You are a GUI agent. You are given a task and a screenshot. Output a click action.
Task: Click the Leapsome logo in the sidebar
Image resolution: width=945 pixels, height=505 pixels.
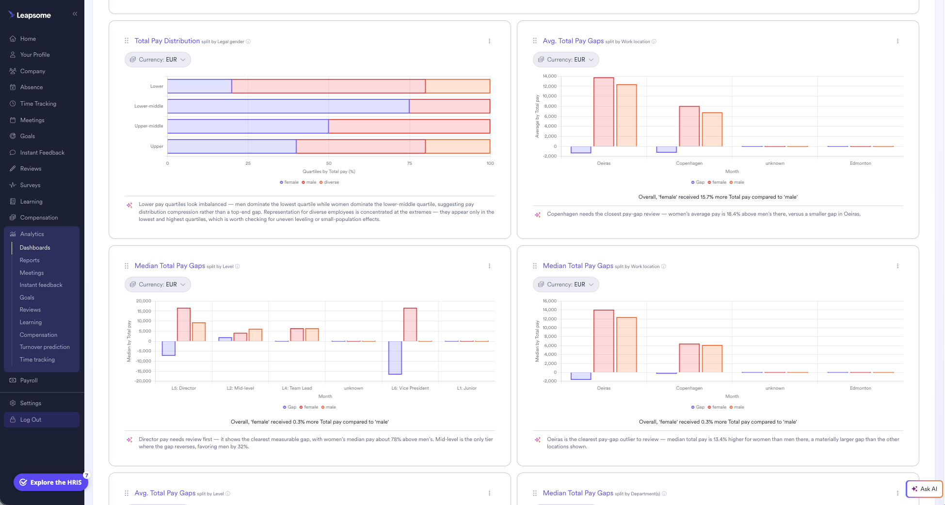[x=30, y=15]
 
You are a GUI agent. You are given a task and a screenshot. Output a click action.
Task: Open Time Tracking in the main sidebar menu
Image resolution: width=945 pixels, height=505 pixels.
[x=38, y=104]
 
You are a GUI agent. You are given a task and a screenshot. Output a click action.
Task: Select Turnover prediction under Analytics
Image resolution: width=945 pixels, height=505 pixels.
[x=45, y=347]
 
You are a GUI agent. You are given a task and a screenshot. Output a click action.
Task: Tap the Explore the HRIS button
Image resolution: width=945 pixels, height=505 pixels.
[x=51, y=482]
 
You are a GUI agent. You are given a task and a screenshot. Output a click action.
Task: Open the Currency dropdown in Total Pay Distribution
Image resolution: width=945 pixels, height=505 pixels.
[x=158, y=60]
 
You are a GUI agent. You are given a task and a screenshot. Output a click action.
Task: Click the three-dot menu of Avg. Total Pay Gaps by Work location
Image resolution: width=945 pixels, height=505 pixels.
[x=897, y=41]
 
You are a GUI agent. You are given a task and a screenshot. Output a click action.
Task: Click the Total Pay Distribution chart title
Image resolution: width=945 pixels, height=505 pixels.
[x=167, y=41]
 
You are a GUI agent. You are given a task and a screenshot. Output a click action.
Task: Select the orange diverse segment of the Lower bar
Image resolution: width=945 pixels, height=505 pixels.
[x=458, y=86]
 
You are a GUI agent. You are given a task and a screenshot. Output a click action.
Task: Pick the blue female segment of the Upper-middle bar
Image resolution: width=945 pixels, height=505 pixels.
[x=248, y=126]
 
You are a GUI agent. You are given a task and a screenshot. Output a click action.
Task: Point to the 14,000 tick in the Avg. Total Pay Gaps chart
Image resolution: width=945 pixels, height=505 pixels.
[x=549, y=76]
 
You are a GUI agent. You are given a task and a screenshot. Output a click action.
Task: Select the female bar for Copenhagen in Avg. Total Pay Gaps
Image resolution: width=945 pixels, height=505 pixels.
[x=689, y=126]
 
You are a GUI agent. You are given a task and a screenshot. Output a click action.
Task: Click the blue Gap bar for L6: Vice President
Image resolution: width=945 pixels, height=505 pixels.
[x=395, y=358]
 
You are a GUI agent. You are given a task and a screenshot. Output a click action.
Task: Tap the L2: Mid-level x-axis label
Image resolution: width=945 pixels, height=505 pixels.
[x=240, y=388]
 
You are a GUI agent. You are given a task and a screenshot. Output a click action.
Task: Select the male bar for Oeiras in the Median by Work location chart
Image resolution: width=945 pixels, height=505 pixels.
[x=626, y=345]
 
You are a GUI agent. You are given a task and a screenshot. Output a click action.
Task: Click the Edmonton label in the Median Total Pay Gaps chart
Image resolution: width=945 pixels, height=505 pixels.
[x=861, y=388]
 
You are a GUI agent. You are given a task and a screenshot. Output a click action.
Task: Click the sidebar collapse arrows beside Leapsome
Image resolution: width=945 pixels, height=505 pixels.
[x=75, y=14]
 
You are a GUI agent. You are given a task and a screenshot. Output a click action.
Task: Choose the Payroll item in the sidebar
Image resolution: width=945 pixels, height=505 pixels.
[x=29, y=380]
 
